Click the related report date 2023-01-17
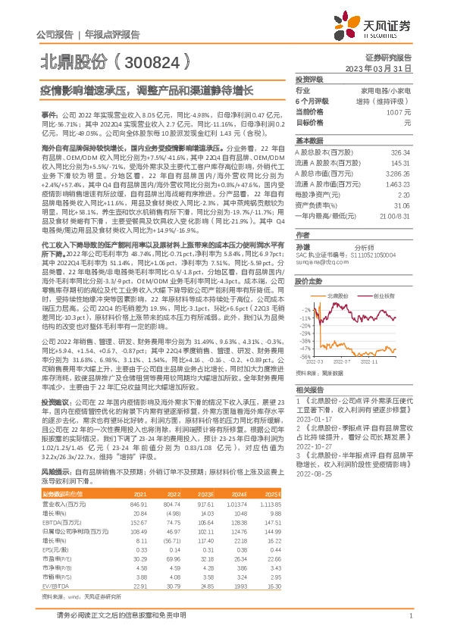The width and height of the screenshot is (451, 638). (314, 438)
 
